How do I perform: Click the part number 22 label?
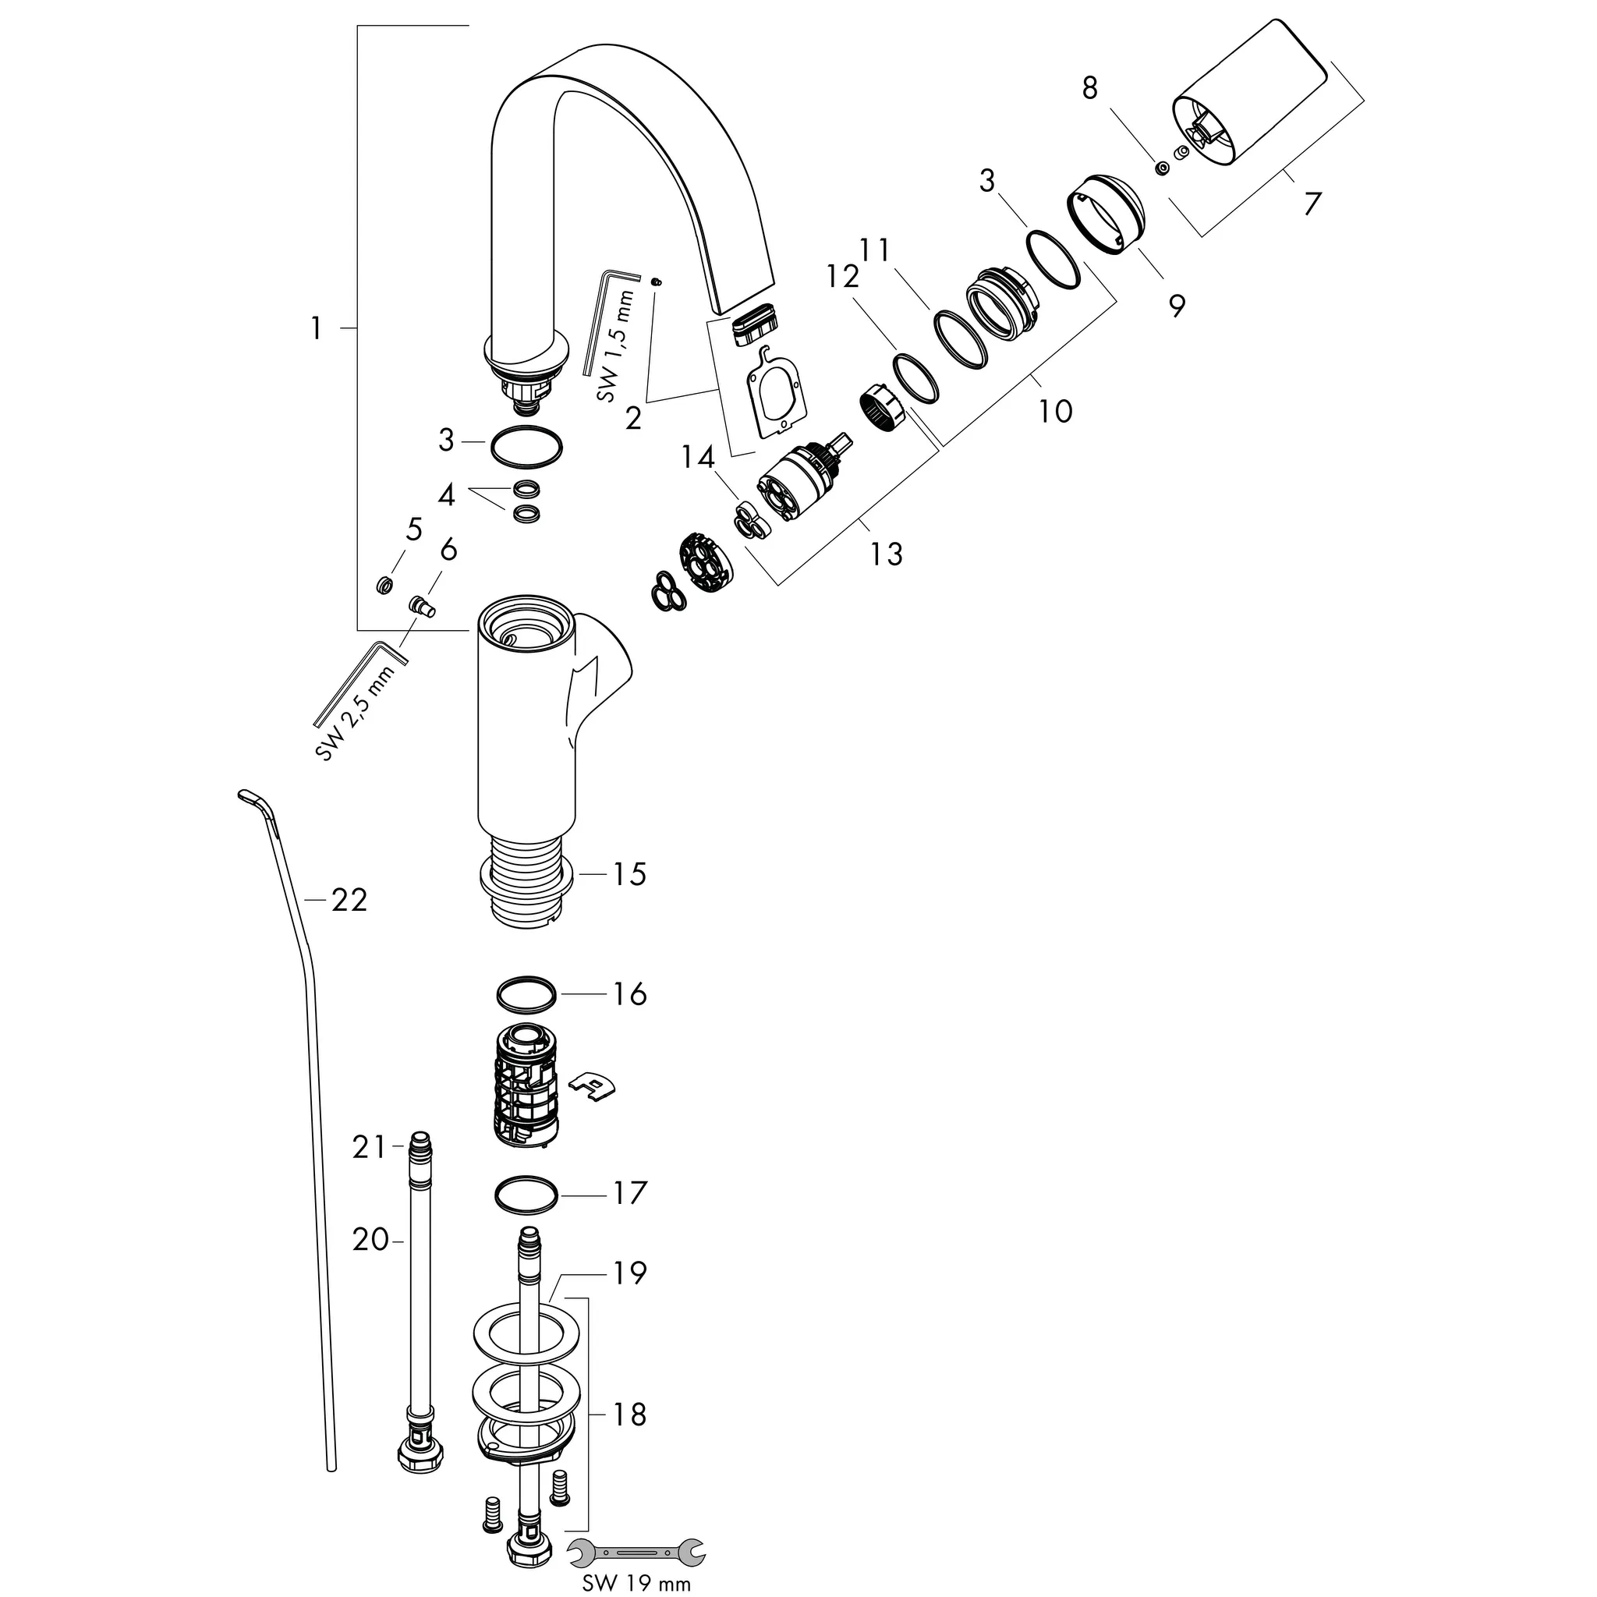pos(349,900)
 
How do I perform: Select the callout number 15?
pos(629,873)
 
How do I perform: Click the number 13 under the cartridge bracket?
pos(886,554)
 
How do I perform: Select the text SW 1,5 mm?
pos(616,346)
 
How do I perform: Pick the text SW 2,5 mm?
pos(356,711)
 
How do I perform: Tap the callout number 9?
pos(1176,306)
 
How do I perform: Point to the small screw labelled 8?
pos(1162,168)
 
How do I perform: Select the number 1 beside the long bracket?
pos(315,329)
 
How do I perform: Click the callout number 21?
pos(369,1147)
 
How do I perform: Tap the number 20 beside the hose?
pos(370,1239)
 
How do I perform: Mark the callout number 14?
pos(698,457)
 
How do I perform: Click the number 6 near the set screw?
pos(449,549)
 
